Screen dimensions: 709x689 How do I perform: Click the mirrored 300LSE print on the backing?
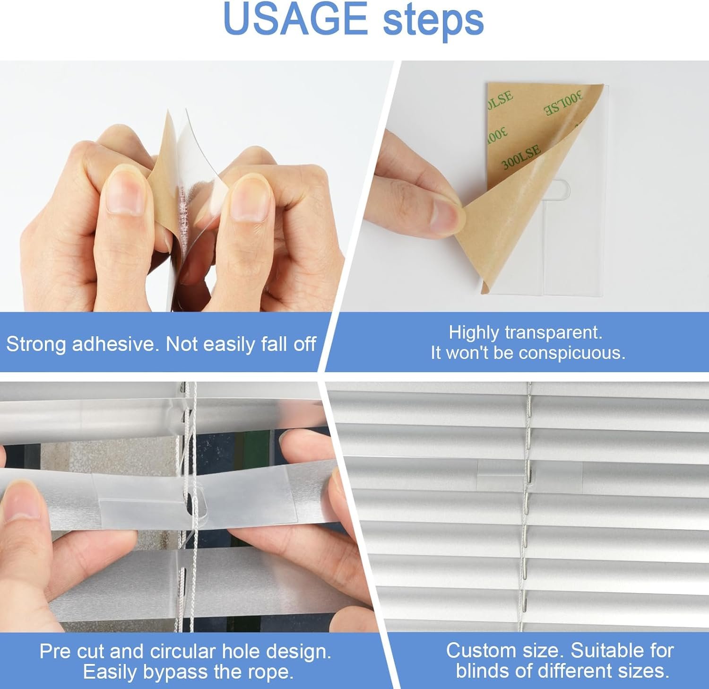563,104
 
